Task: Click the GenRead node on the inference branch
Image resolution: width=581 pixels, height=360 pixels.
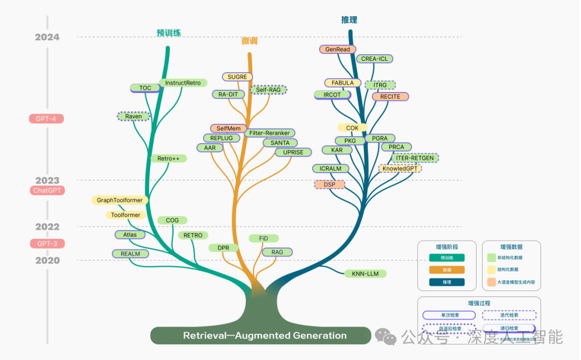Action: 337,50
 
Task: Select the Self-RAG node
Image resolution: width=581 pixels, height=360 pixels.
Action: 269,90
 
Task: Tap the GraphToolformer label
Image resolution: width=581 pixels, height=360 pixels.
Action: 120,200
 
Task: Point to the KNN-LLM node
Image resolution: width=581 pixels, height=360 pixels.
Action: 365,274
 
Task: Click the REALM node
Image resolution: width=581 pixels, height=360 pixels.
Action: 130,254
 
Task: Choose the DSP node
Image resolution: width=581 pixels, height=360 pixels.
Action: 329,185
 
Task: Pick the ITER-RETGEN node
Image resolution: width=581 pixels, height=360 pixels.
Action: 415,158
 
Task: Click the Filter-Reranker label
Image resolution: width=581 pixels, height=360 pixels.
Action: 270,133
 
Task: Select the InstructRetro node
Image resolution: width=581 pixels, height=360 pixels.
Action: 183,83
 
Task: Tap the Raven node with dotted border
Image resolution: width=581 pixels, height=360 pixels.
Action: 133,116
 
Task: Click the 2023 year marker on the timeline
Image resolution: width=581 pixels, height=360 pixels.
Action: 47,181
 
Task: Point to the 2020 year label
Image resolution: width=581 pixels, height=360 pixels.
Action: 47,260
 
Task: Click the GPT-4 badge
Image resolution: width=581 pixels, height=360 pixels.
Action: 46,118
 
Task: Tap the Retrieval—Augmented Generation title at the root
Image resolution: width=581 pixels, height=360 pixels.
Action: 265,336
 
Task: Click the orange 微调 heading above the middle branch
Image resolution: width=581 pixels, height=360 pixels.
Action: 249,41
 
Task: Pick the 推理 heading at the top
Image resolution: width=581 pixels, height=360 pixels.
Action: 349,20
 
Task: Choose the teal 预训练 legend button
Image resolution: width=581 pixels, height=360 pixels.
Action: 447,258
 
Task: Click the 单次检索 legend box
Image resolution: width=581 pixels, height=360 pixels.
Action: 449,315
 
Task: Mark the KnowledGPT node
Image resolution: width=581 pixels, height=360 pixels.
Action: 400,168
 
